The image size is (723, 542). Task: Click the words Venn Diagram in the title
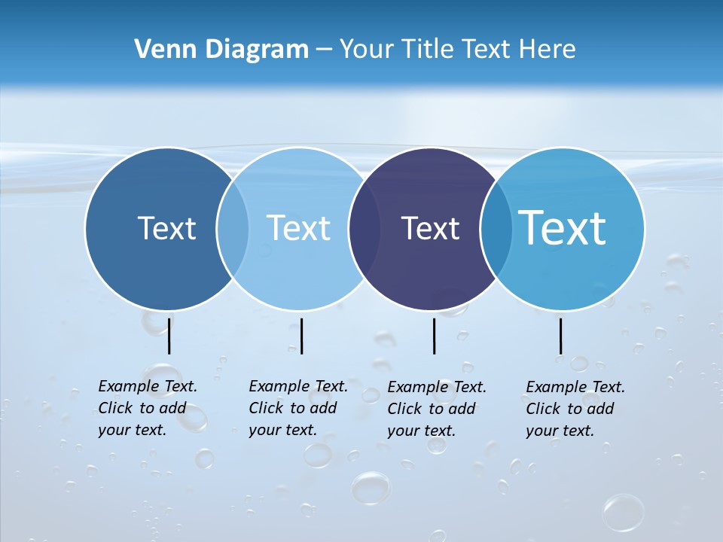point(221,50)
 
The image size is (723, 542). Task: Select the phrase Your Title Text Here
point(457,50)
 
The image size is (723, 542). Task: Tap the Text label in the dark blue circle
point(166,228)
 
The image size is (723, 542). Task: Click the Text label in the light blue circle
point(298,228)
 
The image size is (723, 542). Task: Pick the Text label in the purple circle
point(430,228)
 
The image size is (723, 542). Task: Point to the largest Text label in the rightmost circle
point(563,228)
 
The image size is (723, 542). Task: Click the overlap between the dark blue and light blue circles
point(233,229)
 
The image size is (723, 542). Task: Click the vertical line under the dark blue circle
point(169,336)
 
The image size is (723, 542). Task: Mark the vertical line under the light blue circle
point(301,336)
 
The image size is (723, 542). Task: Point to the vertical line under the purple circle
point(434,336)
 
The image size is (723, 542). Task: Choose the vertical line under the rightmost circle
point(560,336)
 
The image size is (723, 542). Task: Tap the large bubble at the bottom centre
point(371,488)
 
